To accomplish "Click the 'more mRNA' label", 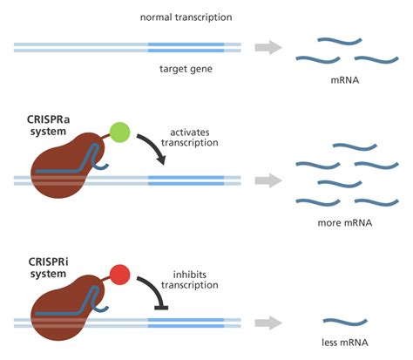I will coord(345,223).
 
